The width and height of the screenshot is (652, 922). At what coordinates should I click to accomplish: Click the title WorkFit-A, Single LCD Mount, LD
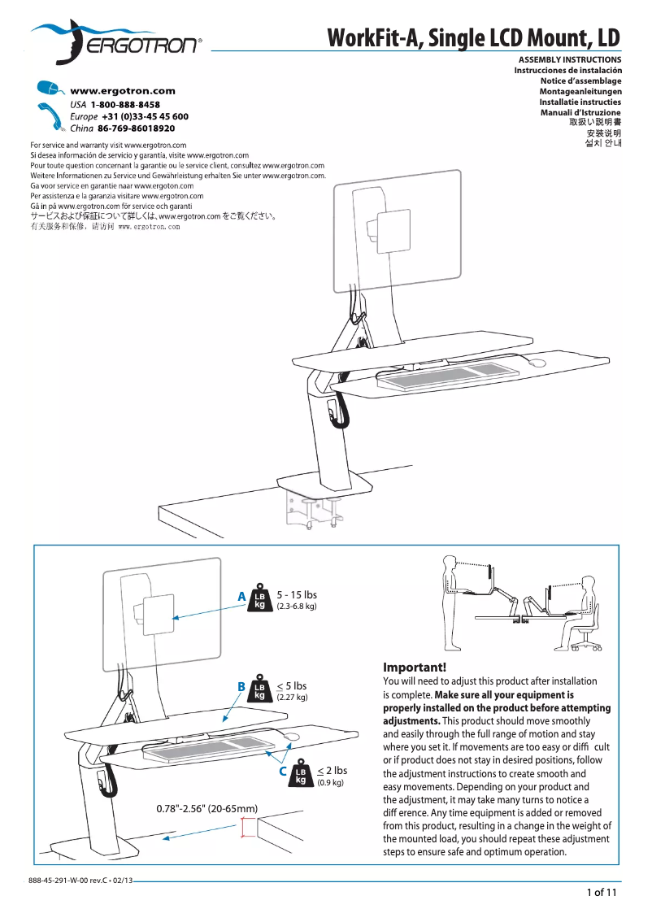[x=473, y=38]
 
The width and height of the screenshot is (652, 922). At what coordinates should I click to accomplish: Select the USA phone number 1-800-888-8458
[x=125, y=105]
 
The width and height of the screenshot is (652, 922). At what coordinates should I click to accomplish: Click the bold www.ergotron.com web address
[x=123, y=91]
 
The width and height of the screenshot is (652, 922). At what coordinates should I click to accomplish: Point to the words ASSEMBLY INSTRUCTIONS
[x=569, y=60]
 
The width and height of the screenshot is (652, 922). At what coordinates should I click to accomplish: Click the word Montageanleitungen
[x=580, y=92]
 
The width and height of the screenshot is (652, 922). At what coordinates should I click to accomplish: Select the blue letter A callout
[x=241, y=597]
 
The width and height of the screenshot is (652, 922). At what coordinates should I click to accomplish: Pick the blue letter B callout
[x=241, y=687]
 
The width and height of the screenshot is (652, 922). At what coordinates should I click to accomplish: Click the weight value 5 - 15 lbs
[x=297, y=594]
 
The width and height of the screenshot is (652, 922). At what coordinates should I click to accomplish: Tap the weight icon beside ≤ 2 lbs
[x=301, y=775]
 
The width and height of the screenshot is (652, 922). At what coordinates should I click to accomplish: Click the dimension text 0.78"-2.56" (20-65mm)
[x=206, y=809]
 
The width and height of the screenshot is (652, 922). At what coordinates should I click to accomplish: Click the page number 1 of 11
[x=602, y=893]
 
